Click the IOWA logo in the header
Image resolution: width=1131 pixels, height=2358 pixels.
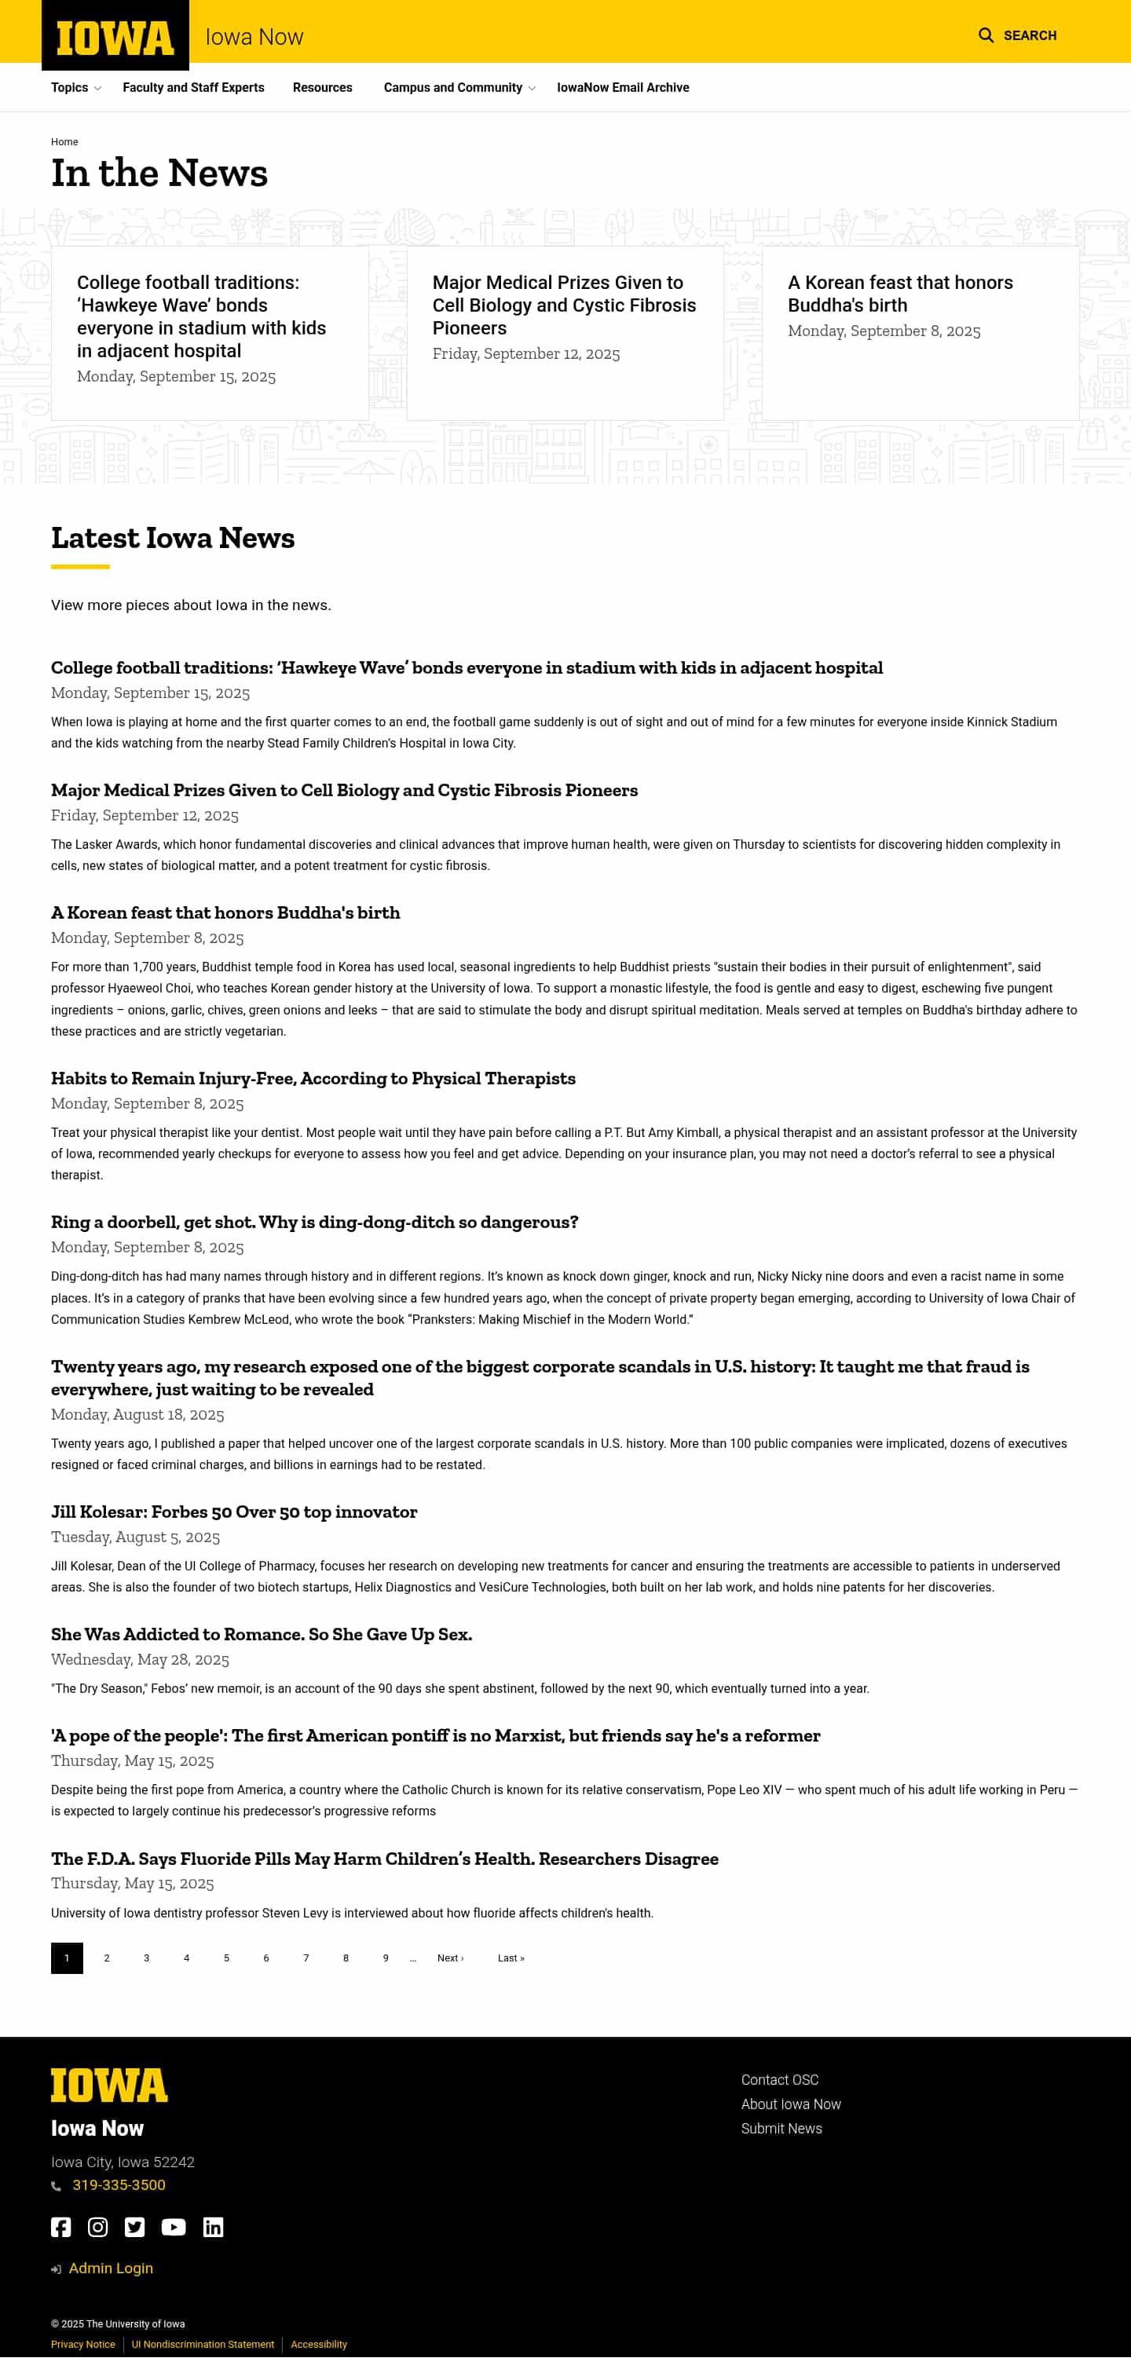coord(115,38)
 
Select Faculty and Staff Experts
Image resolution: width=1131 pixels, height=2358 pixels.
coord(193,88)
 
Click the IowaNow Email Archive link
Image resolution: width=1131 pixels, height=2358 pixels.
coord(623,88)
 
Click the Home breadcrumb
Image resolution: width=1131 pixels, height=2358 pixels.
coord(64,142)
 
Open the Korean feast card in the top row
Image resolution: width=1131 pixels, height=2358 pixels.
coord(899,294)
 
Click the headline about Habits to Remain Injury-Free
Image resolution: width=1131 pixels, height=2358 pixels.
coord(313,1078)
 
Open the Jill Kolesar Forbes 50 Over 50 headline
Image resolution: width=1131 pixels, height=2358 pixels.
coord(233,1512)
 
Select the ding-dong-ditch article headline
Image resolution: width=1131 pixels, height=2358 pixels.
coord(314,1222)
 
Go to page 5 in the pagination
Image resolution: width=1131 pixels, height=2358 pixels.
coord(226,1958)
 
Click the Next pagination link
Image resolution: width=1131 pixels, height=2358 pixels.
coord(450,1958)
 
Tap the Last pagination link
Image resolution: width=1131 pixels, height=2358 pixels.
coord(510,1958)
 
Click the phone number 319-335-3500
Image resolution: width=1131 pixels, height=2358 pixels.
coord(119,2185)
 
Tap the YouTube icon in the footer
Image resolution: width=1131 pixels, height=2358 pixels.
coord(173,2227)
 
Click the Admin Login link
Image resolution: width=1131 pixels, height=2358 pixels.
coord(111,2268)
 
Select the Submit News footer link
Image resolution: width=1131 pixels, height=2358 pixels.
coord(781,2130)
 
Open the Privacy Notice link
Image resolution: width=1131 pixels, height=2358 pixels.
coord(83,2345)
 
